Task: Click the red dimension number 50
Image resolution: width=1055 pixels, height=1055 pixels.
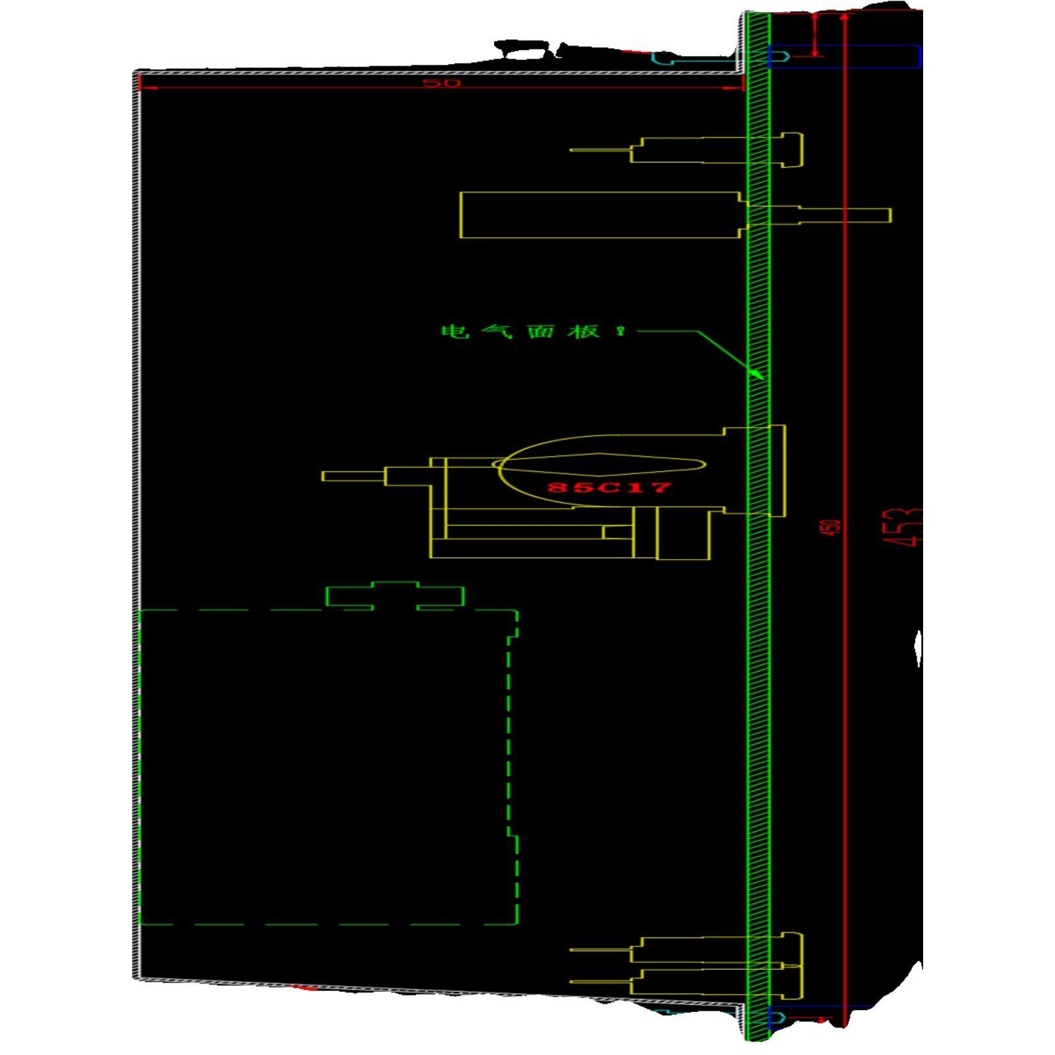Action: (x=440, y=83)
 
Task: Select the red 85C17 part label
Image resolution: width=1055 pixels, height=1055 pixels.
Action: (x=609, y=487)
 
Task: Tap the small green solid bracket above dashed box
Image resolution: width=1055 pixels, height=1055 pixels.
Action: (x=395, y=595)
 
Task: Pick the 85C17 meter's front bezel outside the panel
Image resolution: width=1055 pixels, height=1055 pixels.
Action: (x=777, y=471)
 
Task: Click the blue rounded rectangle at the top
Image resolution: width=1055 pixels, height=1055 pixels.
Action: (x=844, y=57)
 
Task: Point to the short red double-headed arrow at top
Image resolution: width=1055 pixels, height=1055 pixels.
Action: (x=816, y=34)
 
